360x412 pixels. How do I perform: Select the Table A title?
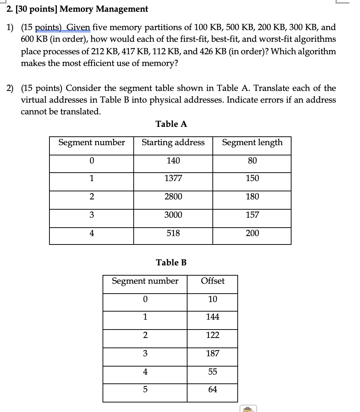tap(171, 124)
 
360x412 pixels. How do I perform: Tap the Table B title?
tap(171, 262)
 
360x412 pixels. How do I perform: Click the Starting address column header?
tap(173, 142)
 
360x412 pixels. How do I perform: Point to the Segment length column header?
tap(252, 142)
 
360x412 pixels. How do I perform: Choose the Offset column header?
tap(212, 281)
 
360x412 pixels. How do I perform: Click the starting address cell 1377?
tap(173, 179)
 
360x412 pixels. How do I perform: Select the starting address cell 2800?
tap(173, 197)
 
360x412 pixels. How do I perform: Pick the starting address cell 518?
tap(173, 233)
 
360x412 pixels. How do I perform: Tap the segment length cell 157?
tap(252, 215)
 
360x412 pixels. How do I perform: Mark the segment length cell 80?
tap(252, 161)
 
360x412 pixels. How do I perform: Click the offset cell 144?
tap(212, 317)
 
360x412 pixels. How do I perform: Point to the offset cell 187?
tap(212, 353)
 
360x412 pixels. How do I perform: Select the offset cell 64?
tap(212, 389)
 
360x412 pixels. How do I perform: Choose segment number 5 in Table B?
tap(145, 389)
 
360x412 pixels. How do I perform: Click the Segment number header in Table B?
tap(145, 281)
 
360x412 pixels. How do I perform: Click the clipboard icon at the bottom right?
tap(248, 409)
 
